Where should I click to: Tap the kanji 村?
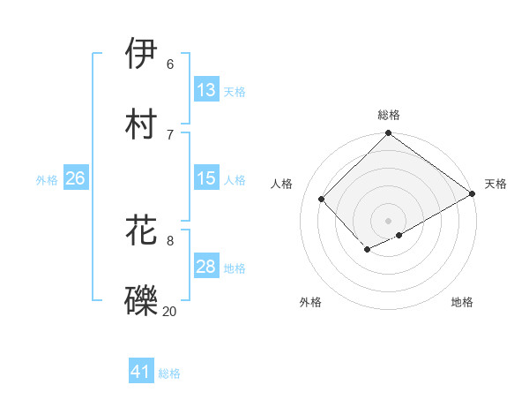(142, 124)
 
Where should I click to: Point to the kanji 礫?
(142, 299)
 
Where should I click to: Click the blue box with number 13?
(206, 90)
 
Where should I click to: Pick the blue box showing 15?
(206, 178)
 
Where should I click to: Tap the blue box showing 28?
(206, 267)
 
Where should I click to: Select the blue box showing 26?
(75, 178)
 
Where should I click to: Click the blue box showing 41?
(141, 372)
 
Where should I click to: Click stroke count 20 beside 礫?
(169, 311)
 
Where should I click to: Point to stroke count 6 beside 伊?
(170, 64)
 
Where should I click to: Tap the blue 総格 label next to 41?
(169, 373)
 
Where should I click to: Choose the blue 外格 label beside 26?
(47, 180)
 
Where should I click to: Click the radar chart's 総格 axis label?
(389, 115)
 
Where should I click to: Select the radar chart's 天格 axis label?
(495, 184)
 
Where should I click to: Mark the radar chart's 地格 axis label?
(462, 302)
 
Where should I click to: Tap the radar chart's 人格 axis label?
(282, 184)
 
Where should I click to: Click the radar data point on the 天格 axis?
(473, 193)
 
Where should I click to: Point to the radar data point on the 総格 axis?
(389, 134)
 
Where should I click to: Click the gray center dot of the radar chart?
(389, 220)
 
